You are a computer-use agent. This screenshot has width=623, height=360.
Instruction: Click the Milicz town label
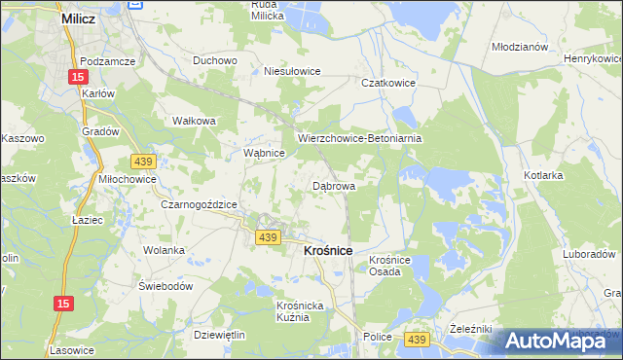[x=77, y=18]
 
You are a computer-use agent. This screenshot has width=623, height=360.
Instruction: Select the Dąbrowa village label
[x=334, y=185]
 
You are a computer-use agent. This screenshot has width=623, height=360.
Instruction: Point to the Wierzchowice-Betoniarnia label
[x=360, y=138]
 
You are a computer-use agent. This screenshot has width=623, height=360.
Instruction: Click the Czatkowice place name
[x=388, y=84]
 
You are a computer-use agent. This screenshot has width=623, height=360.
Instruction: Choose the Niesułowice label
[x=293, y=71]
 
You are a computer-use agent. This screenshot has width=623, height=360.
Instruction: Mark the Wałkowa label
[x=193, y=121]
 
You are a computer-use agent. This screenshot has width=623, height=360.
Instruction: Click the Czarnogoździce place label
[x=200, y=204]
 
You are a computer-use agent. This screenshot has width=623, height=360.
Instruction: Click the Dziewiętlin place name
[x=219, y=335]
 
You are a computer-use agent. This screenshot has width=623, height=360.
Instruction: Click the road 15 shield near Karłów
[x=78, y=76]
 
